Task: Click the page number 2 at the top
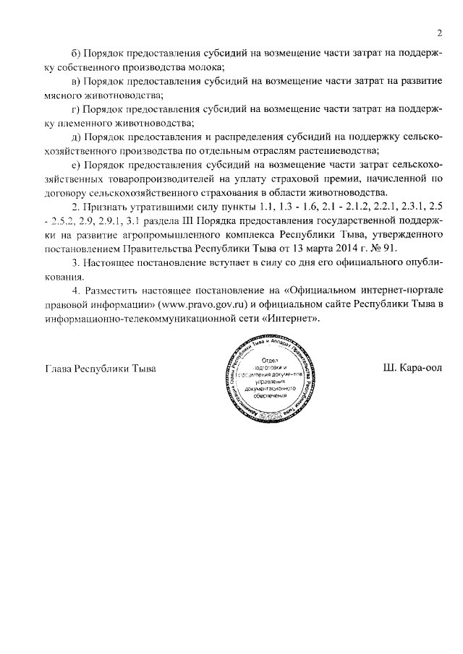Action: coord(438,33)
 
